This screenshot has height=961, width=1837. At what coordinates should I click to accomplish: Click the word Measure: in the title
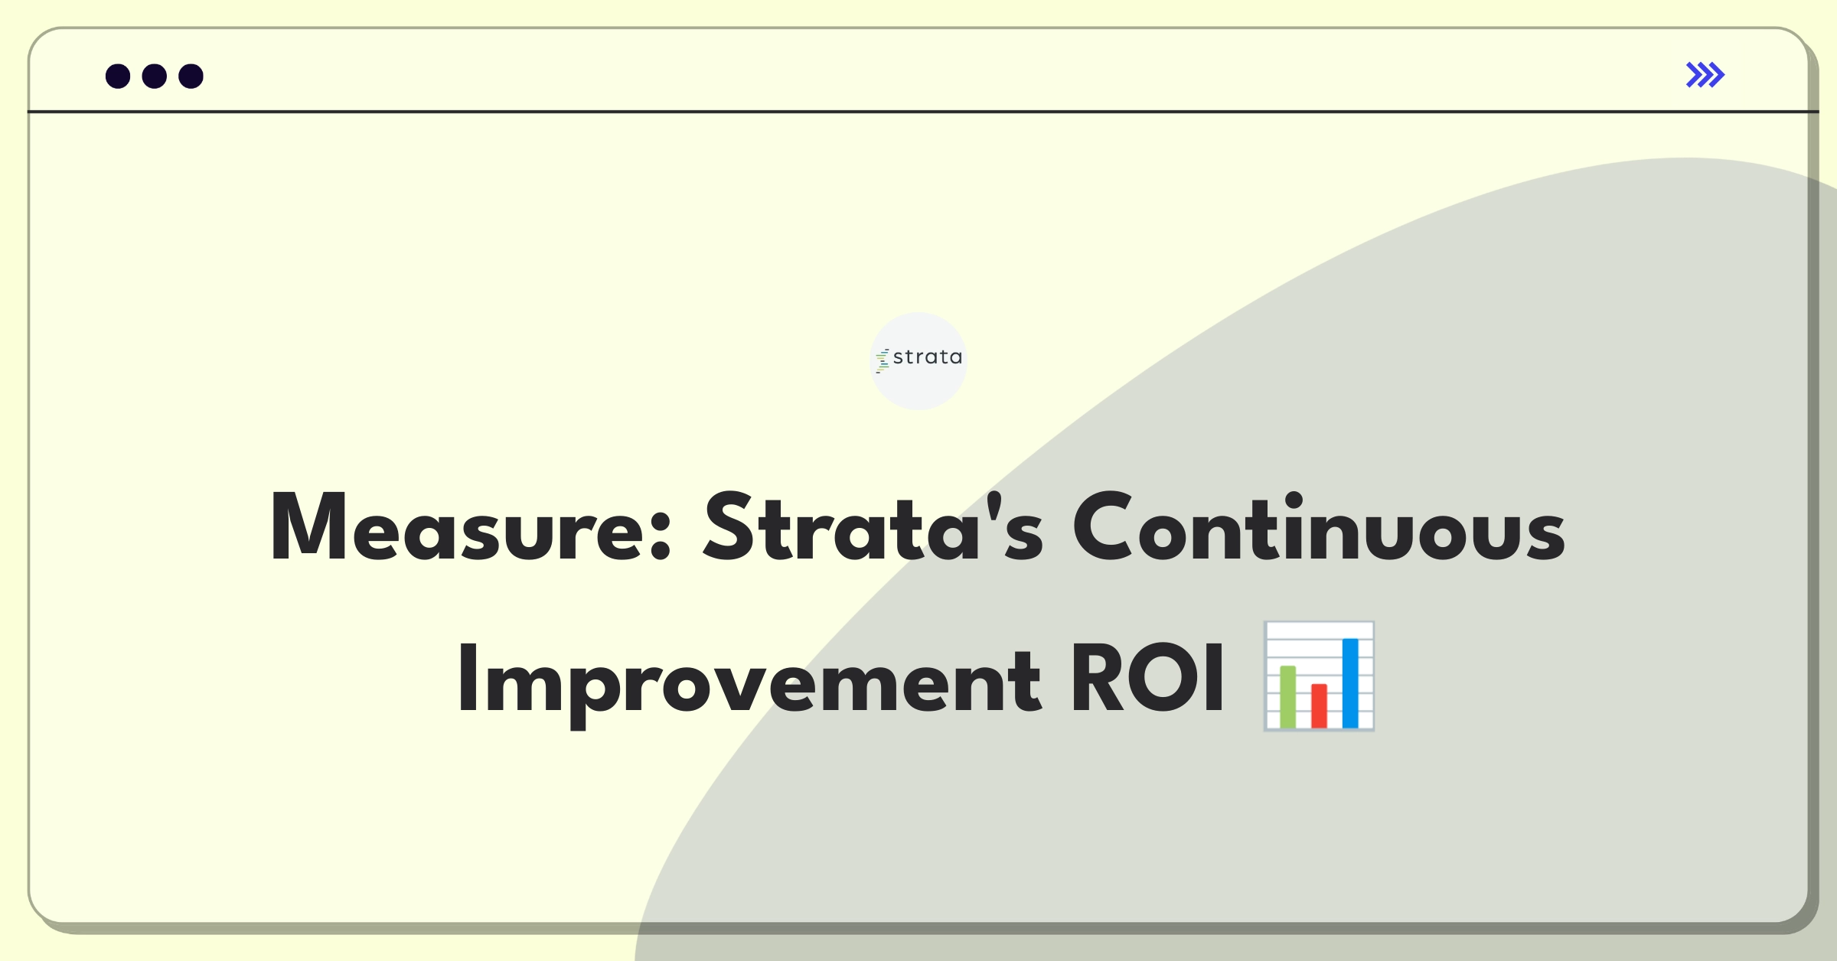tap(471, 528)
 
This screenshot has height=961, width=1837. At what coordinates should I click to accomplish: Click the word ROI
tap(1147, 679)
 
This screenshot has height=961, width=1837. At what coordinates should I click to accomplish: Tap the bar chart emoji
tap(1319, 676)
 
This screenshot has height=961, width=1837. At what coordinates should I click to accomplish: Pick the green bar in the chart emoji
tap(1288, 696)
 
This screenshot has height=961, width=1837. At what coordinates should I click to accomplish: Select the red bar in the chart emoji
tap(1319, 705)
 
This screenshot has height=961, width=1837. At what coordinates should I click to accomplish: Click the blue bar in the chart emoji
tap(1350, 682)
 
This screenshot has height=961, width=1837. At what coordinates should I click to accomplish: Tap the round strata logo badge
tap(918, 360)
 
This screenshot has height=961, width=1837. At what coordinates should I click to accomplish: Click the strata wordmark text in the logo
tap(928, 357)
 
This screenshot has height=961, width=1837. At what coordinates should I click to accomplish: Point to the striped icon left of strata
tap(883, 360)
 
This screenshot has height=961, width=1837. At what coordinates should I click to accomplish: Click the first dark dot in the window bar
tap(118, 76)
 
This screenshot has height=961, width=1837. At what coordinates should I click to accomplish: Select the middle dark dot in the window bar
tap(155, 76)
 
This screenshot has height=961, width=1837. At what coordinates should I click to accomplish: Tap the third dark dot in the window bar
tap(191, 76)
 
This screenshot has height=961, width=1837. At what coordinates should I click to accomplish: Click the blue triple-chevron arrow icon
tap(1705, 75)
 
